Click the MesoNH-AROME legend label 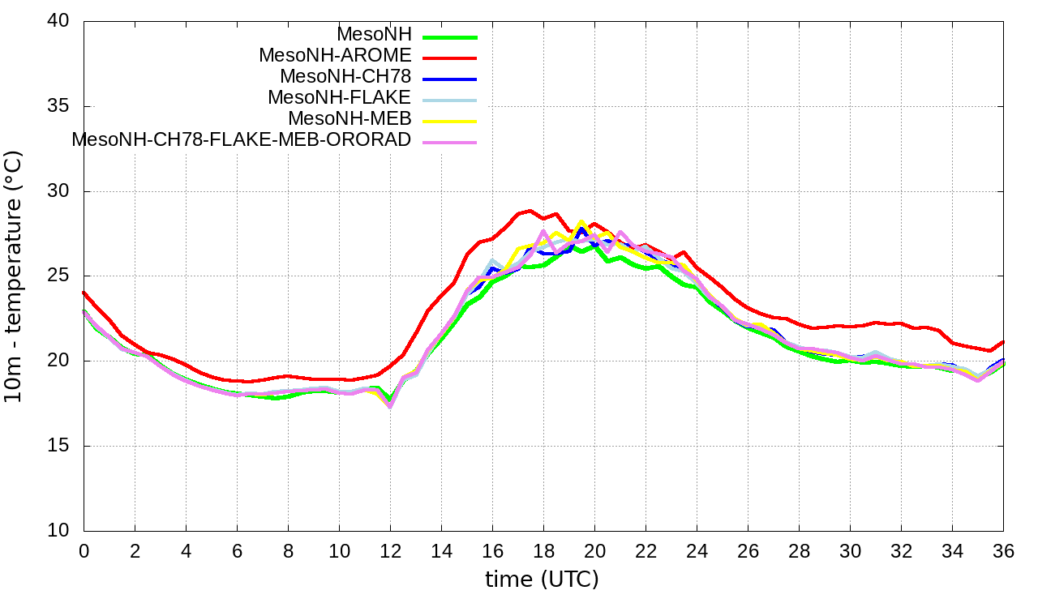click(335, 56)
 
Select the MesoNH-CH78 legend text click(345, 77)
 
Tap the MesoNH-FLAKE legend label click(340, 98)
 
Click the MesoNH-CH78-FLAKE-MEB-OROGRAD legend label click(242, 140)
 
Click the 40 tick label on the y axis click(59, 22)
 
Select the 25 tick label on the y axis click(59, 276)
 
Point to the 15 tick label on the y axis click(59, 446)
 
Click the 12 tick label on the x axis click(390, 550)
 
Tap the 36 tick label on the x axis click(1003, 550)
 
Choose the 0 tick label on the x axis click(84, 550)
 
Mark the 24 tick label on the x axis click(697, 550)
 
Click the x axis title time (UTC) click(542, 580)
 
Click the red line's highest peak click(530, 211)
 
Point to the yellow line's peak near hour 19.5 click(581, 220)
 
